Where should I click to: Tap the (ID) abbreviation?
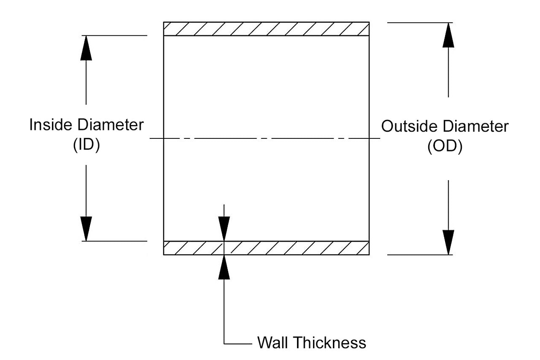86,145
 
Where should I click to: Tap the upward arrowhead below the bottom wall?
224,268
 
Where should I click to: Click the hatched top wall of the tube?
266,29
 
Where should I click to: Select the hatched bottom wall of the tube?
295,248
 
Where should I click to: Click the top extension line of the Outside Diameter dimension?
420,22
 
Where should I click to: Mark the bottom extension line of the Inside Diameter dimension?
116,241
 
